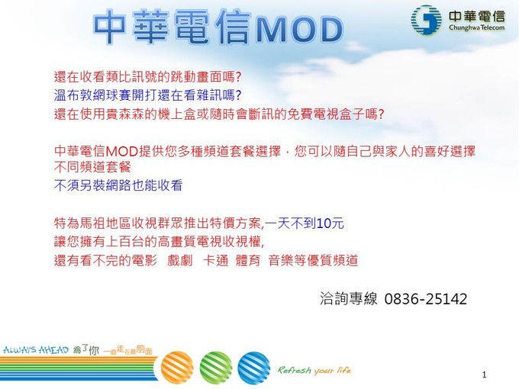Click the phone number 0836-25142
(x=426, y=299)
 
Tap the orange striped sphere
(x=177, y=368)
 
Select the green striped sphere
(x=216, y=368)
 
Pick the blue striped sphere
(x=254, y=368)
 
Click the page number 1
(x=484, y=375)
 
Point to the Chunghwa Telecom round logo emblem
(x=427, y=20)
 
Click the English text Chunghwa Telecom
(x=476, y=27)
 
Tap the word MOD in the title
(x=299, y=30)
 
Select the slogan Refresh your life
(x=314, y=370)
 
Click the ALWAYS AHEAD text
(x=36, y=349)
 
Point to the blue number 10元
(x=330, y=223)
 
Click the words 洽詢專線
(x=348, y=299)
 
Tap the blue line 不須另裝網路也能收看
(x=118, y=185)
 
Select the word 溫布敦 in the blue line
(x=73, y=95)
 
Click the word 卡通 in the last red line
(x=215, y=260)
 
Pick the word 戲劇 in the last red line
(x=179, y=260)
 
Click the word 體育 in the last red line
(x=248, y=260)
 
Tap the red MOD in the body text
(x=122, y=152)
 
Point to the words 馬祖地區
(x=105, y=223)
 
